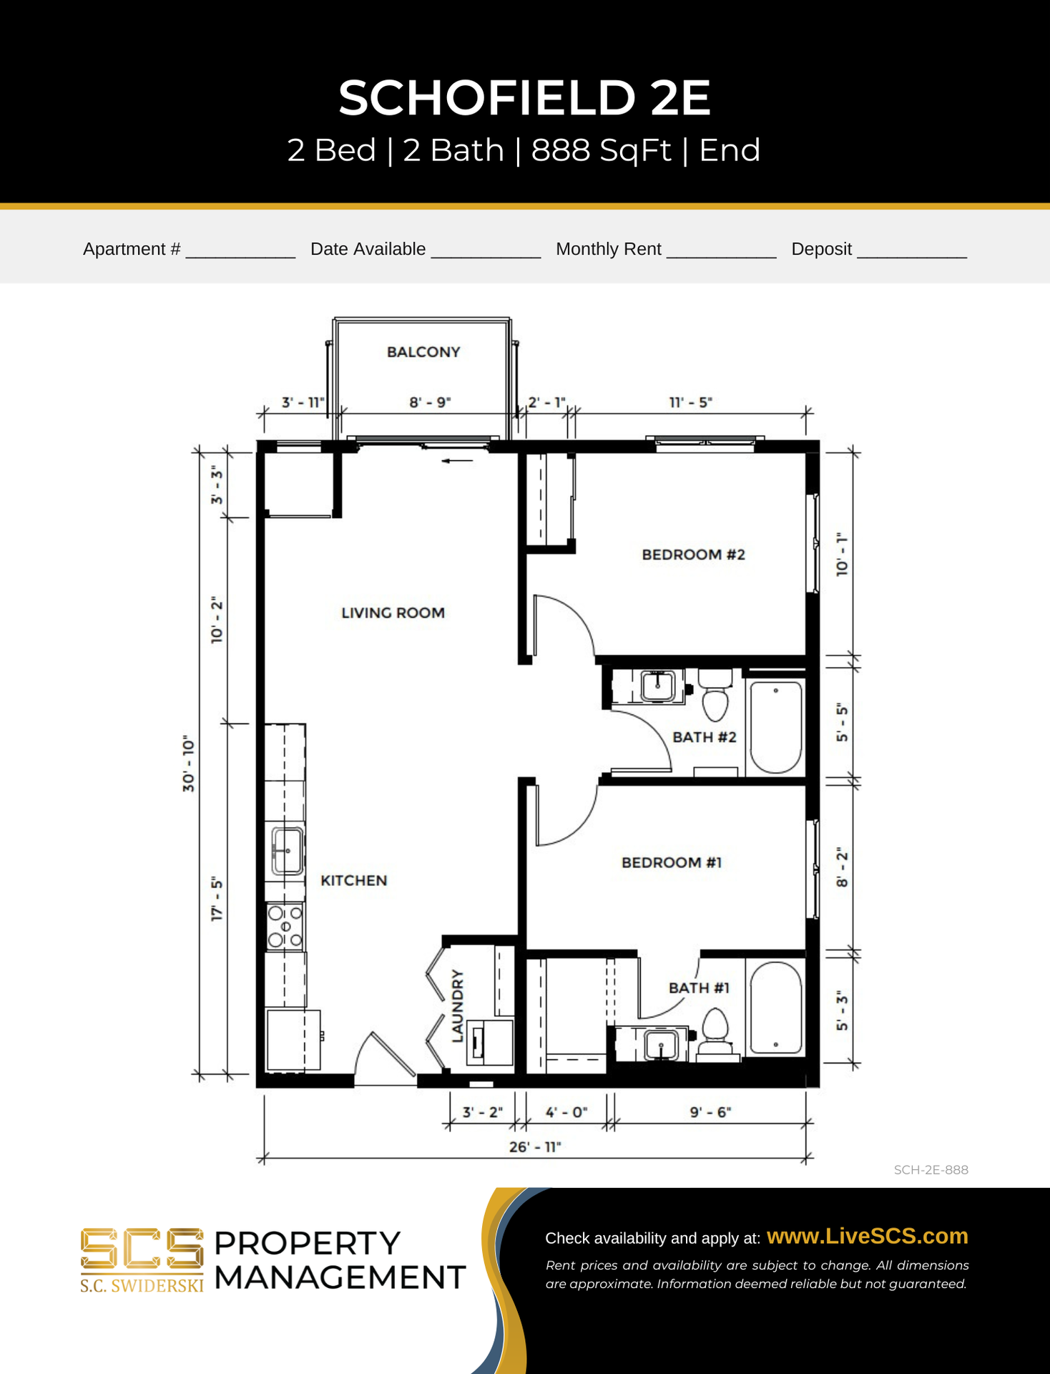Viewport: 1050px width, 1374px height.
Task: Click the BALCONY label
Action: [x=423, y=352]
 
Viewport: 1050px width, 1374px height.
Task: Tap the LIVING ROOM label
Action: [x=393, y=613]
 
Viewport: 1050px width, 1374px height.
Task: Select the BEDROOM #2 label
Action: [x=693, y=555]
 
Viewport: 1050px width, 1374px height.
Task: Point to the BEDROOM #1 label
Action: [x=672, y=862]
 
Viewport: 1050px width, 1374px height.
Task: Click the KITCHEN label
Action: [x=353, y=880]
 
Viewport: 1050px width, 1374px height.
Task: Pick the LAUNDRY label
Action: [x=458, y=1005]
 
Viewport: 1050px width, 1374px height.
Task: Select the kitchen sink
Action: [x=287, y=852]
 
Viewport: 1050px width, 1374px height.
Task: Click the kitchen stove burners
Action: [x=285, y=927]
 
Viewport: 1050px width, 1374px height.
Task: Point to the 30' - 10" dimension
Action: [x=188, y=764]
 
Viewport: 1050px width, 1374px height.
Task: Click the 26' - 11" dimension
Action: [x=535, y=1146]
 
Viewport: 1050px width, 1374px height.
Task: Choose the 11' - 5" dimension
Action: [x=691, y=402]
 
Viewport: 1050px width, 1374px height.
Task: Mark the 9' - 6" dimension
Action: [x=710, y=1112]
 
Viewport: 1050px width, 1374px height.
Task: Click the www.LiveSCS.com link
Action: [x=868, y=1236]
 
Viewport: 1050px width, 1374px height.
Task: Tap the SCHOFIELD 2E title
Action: [x=525, y=97]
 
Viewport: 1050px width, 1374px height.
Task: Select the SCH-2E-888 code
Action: [x=931, y=1170]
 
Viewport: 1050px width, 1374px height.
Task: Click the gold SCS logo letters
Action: [x=142, y=1249]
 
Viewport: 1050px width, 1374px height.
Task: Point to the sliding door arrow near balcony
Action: [x=457, y=461]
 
